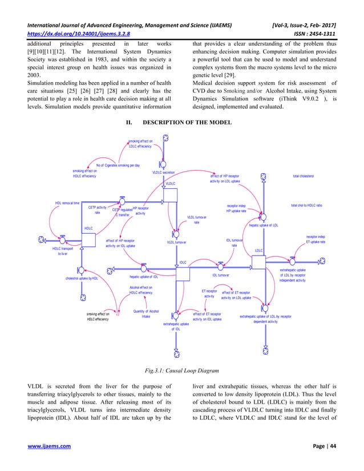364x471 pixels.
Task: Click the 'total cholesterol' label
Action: [307, 176]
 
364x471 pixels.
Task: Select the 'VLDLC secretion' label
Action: [164, 172]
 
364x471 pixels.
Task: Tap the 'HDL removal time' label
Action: [67, 203]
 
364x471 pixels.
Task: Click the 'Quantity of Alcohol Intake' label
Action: [145, 314]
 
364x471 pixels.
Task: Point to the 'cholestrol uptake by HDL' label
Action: [82, 279]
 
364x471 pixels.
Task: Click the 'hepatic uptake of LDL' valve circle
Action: [263, 217]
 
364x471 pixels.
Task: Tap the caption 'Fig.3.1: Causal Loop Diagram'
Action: [182, 372]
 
